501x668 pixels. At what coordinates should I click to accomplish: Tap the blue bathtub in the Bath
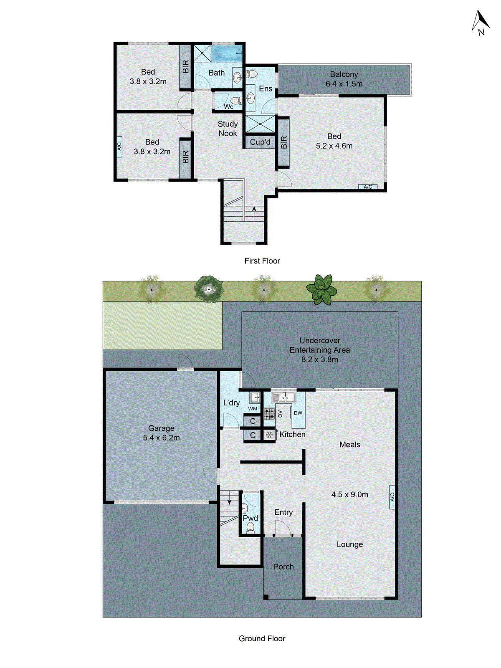pos(226,53)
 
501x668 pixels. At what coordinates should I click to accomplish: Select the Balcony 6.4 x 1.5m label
pos(344,79)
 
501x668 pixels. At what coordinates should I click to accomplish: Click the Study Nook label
pos(228,129)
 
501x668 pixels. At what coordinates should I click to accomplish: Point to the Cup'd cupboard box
pos(260,142)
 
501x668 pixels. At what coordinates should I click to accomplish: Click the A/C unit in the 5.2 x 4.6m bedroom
pos(368,187)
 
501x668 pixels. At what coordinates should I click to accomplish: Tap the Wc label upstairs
pos(228,107)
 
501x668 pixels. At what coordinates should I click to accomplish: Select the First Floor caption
pos(262,261)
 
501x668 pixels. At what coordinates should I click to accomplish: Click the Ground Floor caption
pos(262,638)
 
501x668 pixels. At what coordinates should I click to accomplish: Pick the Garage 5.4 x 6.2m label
pos(161,433)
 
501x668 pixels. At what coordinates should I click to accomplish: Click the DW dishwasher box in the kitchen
pos(298,413)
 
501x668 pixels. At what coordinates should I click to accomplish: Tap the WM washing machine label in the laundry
pos(253,409)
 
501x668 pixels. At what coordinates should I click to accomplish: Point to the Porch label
pos(283,567)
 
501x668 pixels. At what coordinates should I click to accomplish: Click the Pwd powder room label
pos(250,518)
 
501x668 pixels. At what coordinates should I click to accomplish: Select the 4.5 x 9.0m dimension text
pos(349,495)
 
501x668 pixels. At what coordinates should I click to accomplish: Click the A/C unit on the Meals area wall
pos(392,497)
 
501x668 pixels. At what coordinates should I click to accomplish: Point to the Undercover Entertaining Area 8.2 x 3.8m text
pos(319,350)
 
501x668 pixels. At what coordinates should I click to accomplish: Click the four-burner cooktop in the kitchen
pos(270,414)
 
